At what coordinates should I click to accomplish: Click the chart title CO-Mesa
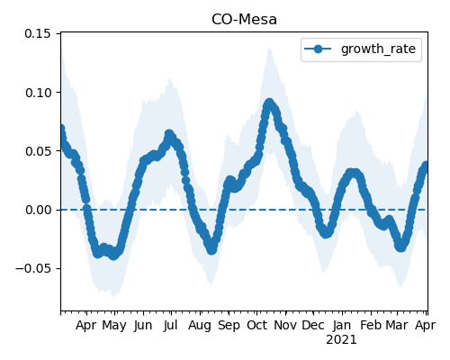click(244, 20)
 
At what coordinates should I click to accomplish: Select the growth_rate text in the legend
click(378, 49)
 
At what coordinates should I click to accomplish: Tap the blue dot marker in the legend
click(318, 49)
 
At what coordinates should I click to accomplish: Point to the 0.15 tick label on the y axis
click(38, 33)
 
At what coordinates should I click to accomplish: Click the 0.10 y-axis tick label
click(39, 93)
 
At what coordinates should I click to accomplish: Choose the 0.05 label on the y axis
click(39, 151)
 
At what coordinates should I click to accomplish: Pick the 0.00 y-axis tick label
click(39, 210)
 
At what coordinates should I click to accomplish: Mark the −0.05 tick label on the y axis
click(33, 268)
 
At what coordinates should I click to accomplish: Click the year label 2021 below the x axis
click(341, 340)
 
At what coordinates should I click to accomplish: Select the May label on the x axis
click(114, 326)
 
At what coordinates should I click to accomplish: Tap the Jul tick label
click(171, 325)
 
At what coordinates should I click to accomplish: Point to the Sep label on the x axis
click(229, 326)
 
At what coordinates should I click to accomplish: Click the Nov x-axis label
click(285, 325)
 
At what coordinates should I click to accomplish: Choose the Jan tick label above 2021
click(342, 325)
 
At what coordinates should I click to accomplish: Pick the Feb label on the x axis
click(371, 325)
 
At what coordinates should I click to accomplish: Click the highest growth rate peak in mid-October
click(269, 103)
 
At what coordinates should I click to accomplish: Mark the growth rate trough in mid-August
click(211, 249)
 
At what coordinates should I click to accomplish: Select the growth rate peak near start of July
click(169, 134)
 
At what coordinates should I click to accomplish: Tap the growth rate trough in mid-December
click(327, 233)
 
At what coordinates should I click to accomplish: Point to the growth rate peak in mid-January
click(353, 173)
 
